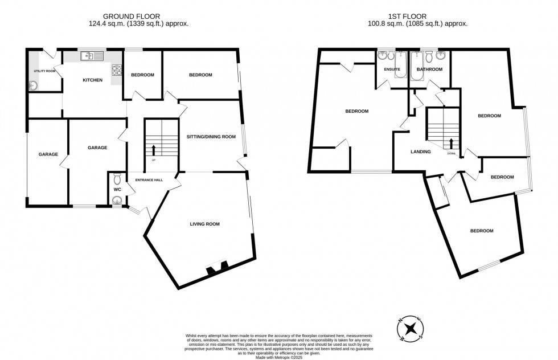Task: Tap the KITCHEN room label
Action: pos(93,80)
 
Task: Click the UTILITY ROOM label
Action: pos(44,71)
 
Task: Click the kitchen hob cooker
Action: pos(117,71)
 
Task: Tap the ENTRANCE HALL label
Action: pos(149,180)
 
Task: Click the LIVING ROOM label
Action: pos(204,224)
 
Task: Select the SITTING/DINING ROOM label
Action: pos(211,137)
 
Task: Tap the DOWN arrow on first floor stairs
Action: pos(451,144)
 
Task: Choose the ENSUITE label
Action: pos(392,69)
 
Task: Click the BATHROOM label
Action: pos(429,69)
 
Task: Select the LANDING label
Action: pos(421,152)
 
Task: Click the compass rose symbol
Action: pos(410,330)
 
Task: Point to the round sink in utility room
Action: pos(32,86)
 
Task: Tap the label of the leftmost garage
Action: pos(48,154)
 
